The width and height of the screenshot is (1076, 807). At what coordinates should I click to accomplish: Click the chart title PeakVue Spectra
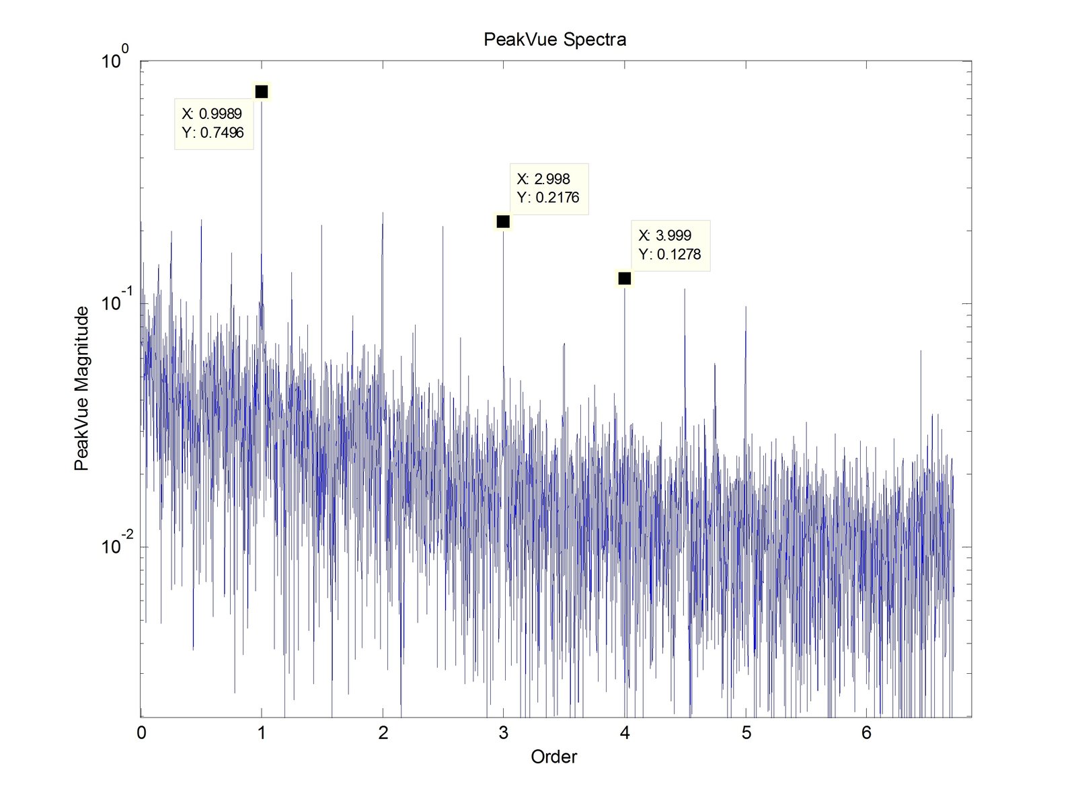click(555, 40)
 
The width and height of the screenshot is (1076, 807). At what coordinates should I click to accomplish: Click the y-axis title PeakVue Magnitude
click(81, 389)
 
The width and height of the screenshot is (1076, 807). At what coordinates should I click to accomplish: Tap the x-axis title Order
click(553, 757)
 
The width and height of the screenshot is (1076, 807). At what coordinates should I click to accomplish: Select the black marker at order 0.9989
click(262, 91)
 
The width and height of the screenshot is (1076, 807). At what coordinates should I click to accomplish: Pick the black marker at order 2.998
click(503, 221)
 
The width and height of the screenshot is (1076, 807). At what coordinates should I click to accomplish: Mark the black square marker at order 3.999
click(625, 278)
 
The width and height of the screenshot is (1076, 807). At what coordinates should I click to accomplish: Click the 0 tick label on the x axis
click(141, 733)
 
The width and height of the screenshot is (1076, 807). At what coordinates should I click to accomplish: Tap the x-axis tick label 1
click(262, 733)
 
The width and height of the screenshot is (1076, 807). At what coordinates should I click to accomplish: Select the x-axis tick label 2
click(383, 733)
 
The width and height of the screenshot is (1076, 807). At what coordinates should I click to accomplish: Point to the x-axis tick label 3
click(504, 733)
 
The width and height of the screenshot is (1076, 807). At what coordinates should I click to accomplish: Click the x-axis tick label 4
click(625, 733)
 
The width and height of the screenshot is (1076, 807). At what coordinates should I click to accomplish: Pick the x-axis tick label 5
click(746, 733)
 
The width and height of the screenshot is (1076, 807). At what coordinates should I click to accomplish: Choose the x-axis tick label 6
click(866, 733)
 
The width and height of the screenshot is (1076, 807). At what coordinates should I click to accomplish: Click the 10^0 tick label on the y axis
click(115, 61)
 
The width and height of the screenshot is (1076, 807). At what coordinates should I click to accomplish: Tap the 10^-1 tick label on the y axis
click(115, 303)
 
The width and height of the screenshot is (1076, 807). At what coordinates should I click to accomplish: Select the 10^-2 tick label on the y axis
click(115, 545)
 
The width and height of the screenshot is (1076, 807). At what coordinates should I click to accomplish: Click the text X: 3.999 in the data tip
click(665, 235)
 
